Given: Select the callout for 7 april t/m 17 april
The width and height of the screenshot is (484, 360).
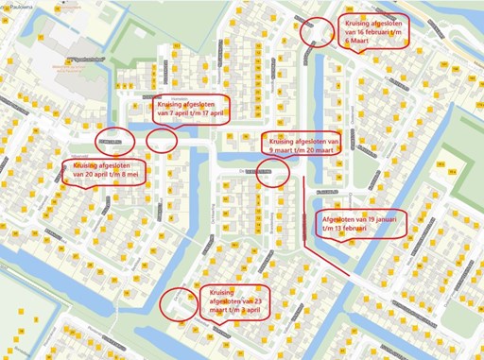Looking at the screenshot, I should tap(199, 108).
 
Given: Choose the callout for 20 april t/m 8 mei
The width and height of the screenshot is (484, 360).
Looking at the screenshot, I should tap(105, 174).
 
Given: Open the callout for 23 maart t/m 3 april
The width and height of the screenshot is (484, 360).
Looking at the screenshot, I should tap(235, 303).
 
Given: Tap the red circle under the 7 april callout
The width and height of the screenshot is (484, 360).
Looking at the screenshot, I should tap(162, 141).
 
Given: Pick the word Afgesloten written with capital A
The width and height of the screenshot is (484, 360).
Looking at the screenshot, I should tap(336, 217).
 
